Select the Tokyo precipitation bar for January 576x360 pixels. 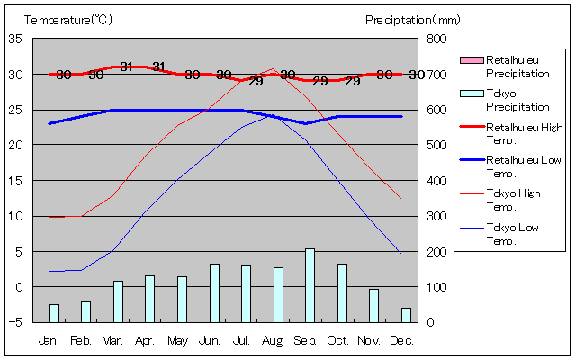tap(54, 312)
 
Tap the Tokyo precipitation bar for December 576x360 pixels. tap(406, 314)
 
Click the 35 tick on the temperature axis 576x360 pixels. tap(16, 39)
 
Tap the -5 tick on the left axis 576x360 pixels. tap(16, 322)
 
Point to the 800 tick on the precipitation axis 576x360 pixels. tap(436, 39)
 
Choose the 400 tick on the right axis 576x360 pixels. tap(436, 180)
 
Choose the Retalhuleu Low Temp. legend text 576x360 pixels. tap(524, 166)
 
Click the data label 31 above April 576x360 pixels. tap(158, 67)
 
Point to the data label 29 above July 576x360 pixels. tap(256, 81)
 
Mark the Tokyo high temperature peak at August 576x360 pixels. tap(273, 68)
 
